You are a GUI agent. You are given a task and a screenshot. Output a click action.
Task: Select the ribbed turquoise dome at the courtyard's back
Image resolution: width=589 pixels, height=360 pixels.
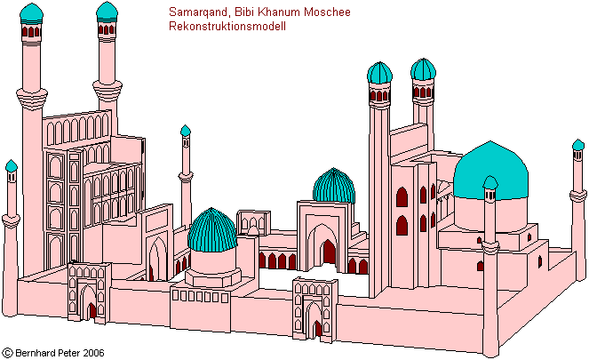[334, 187]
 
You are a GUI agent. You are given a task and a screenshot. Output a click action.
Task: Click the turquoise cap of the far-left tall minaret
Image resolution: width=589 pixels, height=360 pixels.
[31, 12]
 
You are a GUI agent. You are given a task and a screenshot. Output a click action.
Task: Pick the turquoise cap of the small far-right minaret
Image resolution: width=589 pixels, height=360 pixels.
[579, 146]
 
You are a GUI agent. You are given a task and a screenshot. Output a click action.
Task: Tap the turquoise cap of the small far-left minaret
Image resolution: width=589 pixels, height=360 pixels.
[11, 166]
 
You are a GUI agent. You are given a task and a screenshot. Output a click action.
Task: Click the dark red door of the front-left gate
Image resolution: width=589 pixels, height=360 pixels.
[92, 311]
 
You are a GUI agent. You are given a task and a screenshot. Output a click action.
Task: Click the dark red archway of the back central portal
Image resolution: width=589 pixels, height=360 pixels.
[329, 252]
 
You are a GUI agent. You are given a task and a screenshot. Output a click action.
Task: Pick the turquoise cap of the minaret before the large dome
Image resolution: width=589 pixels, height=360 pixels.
[490, 183]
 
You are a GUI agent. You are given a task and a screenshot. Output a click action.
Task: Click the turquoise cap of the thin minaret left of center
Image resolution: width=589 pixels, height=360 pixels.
[185, 132]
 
